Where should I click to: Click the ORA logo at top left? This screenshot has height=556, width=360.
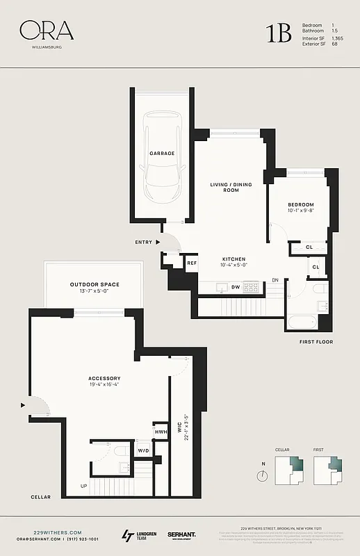coord(46,31)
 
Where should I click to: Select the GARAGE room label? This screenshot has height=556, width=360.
coord(161,153)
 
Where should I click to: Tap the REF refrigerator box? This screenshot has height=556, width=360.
coord(192,263)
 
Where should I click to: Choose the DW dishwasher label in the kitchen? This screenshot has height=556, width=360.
coord(236,287)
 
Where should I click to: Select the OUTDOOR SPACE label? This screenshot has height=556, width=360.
coord(95,284)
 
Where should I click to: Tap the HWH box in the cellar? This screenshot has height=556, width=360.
coord(161,432)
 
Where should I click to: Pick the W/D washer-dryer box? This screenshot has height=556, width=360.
coord(144,451)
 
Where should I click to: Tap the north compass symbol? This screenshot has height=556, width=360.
coord(262,476)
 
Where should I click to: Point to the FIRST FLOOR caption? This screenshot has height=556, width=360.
coord(316,342)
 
